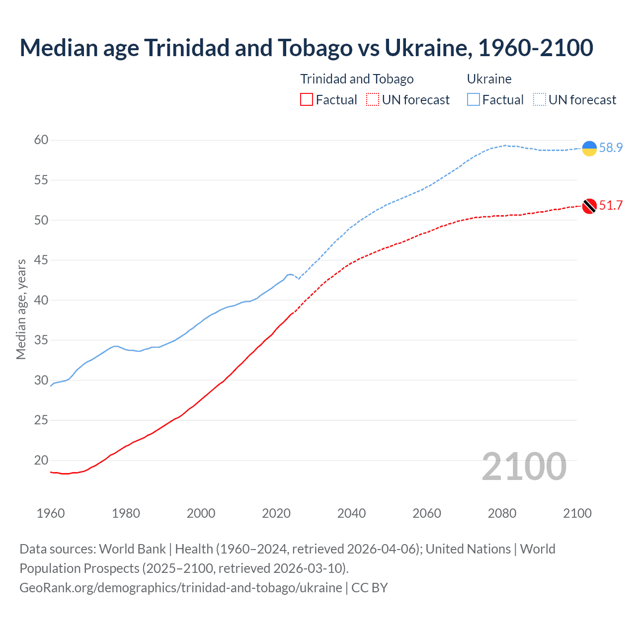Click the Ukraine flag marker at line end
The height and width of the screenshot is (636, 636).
[589, 148]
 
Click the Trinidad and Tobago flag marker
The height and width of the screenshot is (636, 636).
[589, 206]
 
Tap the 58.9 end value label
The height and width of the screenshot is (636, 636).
[611, 148]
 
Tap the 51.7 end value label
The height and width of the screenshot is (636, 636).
[611, 206]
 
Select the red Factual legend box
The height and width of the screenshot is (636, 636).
[307, 100]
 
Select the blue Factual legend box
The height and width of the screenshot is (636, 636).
[474, 100]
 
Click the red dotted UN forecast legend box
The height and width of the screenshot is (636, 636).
[373, 100]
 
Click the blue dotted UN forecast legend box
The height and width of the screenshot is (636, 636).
[540, 100]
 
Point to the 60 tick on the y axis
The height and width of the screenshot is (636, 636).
[41, 140]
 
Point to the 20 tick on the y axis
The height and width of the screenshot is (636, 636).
[41, 461]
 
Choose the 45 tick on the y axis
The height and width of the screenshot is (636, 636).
[41, 260]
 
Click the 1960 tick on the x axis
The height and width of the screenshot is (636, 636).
[51, 513]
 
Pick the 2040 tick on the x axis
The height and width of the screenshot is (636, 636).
[351, 513]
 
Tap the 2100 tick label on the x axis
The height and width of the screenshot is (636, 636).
[577, 513]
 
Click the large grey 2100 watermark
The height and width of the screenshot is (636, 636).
[524, 466]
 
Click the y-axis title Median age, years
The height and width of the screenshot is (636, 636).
[21, 309]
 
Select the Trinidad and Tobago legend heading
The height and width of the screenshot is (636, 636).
[357, 79]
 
